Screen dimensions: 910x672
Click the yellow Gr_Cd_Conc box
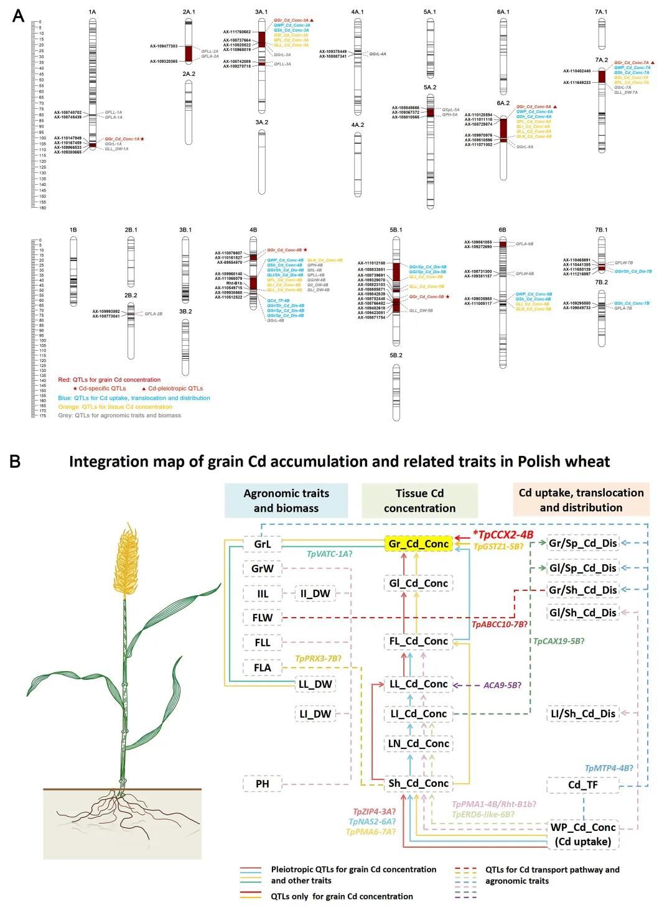419,544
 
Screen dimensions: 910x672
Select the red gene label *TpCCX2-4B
502,534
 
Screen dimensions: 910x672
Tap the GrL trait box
263,544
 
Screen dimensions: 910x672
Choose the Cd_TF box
582,785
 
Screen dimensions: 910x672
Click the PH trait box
263,784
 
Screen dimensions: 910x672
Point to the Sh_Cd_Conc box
419,783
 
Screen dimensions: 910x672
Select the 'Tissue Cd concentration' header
419,501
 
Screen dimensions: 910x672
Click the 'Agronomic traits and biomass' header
286,501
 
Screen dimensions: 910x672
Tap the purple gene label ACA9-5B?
502,685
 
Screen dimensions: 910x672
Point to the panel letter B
15,462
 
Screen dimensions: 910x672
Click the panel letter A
19,16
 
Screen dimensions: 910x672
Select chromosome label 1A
92,12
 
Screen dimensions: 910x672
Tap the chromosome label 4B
253,230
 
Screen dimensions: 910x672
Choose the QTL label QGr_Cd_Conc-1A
121,139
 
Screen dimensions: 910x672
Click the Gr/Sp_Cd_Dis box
582,544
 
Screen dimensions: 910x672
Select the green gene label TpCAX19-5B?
559,641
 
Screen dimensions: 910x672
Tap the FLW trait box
263,618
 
